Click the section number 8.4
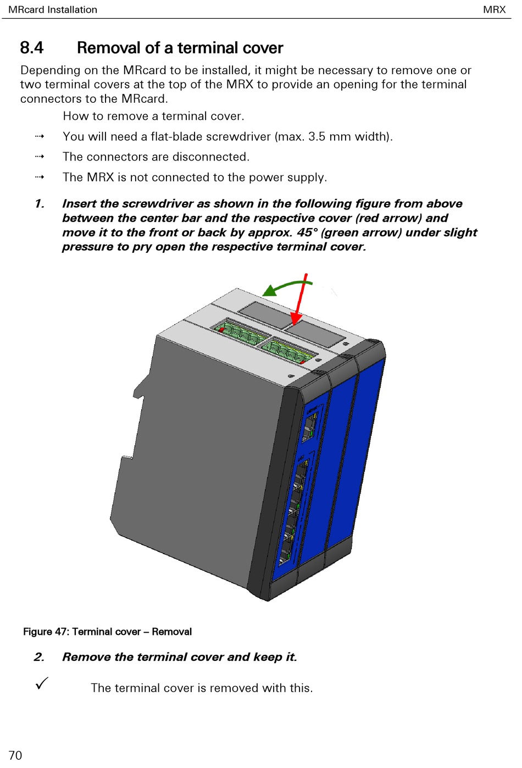click(31, 48)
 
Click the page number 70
click(15, 755)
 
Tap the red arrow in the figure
click(300, 300)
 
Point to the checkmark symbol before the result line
click(42, 683)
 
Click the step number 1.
click(40, 204)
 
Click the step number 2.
click(39, 657)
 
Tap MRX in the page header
click(494, 9)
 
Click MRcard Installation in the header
click(53, 9)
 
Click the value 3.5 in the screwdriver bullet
click(316, 136)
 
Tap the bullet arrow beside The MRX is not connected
click(40, 177)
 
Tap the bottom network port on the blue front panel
click(286, 552)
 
